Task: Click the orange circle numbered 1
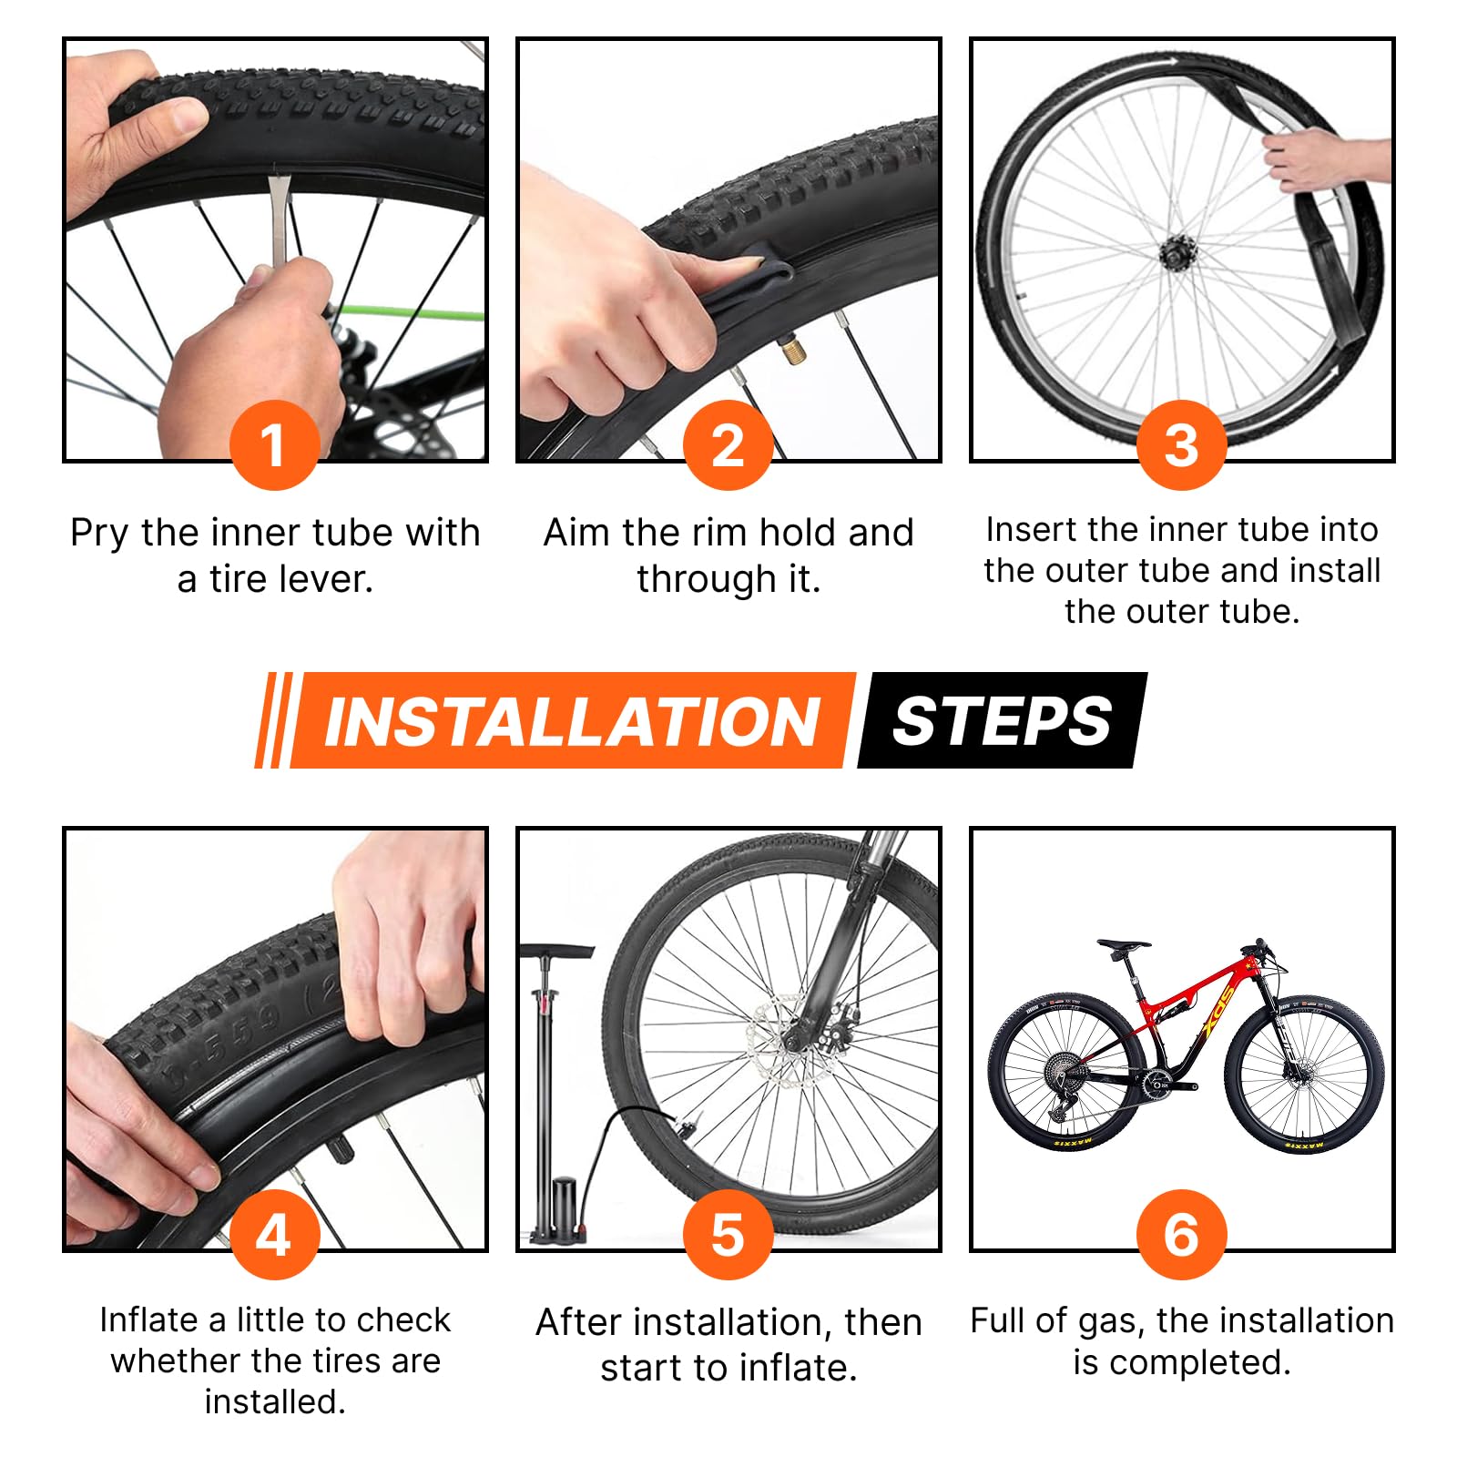(x=274, y=445)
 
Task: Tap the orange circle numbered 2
(x=728, y=445)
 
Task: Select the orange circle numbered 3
(x=1181, y=445)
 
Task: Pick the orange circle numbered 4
(x=274, y=1235)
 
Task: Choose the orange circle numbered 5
(x=728, y=1235)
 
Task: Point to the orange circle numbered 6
(x=1181, y=1235)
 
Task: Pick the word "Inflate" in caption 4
(x=153, y=1319)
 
